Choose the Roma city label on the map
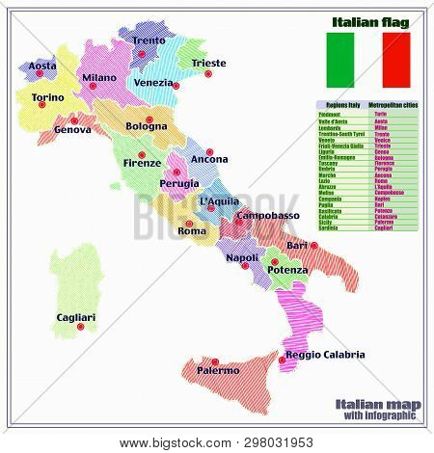pos(193,231)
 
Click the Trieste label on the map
pos(209,64)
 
